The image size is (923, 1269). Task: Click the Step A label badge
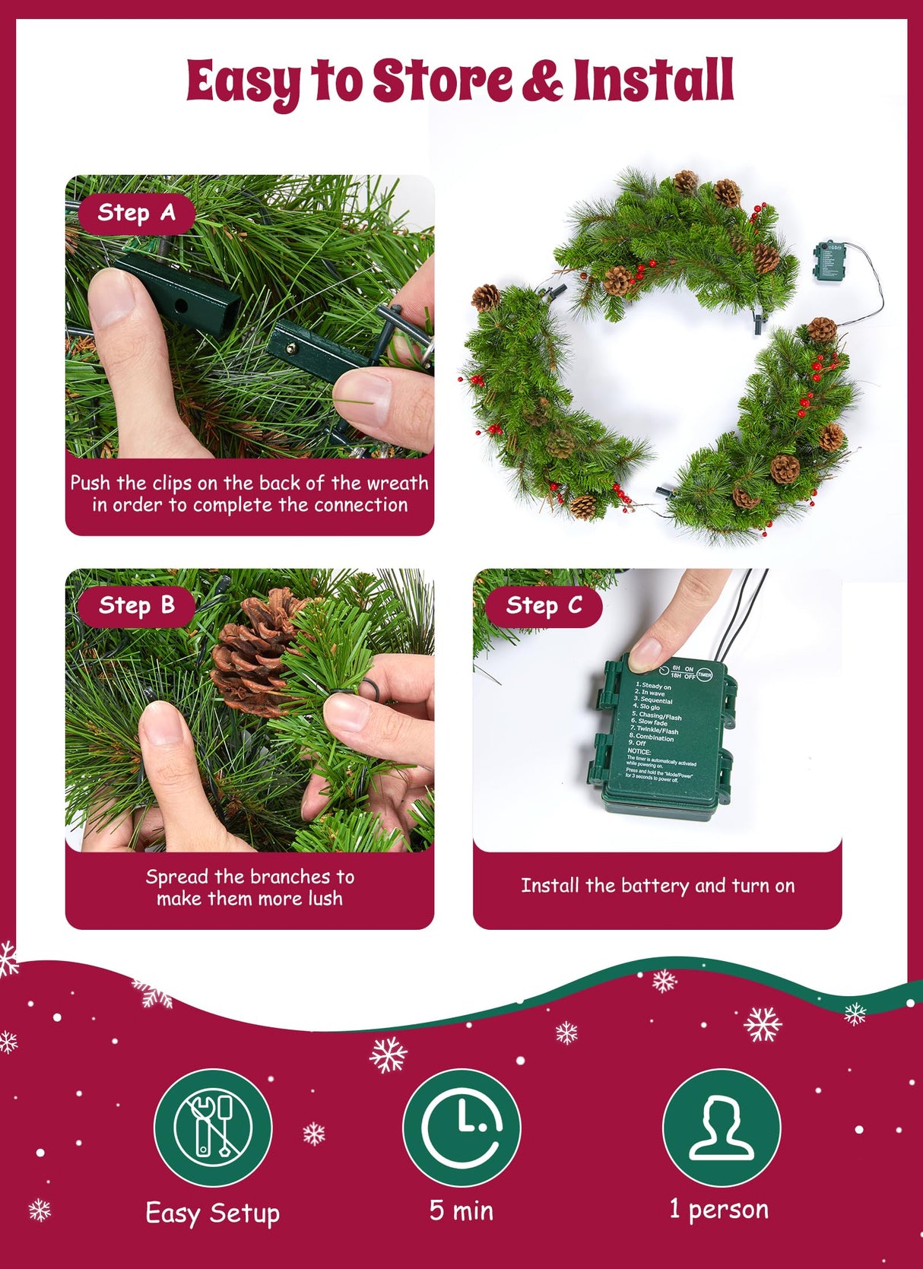click(136, 214)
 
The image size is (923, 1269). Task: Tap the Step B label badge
click(136, 606)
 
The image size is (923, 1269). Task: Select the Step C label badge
click(544, 606)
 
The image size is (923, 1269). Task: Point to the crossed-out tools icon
click(213, 1127)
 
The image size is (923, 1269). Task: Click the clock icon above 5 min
click(461, 1127)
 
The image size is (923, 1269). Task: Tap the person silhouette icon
click(722, 1127)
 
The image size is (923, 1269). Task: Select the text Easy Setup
click(213, 1213)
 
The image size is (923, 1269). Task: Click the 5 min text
click(461, 1210)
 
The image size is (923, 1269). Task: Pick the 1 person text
click(719, 1209)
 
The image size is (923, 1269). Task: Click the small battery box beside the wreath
click(828, 261)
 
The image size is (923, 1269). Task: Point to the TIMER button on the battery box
click(704, 674)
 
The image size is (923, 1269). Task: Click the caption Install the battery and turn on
click(658, 886)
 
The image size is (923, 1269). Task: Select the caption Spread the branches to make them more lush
click(249, 887)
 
